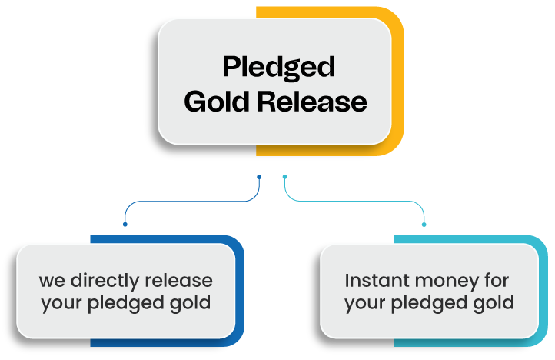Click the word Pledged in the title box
(x=278, y=68)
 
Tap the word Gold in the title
(x=217, y=102)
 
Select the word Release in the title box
(x=312, y=102)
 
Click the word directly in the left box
(x=105, y=281)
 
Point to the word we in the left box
(x=52, y=282)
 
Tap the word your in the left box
(x=61, y=304)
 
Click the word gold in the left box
(x=190, y=303)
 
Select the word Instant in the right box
(x=377, y=280)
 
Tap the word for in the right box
(x=497, y=280)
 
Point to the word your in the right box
(x=365, y=304)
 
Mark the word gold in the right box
(x=494, y=303)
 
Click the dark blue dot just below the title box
(x=259, y=177)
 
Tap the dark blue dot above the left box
(x=125, y=225)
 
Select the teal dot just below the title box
(x=285, y=177)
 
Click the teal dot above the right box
(x=424, y=225)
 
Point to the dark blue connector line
(x=193, y=202)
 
